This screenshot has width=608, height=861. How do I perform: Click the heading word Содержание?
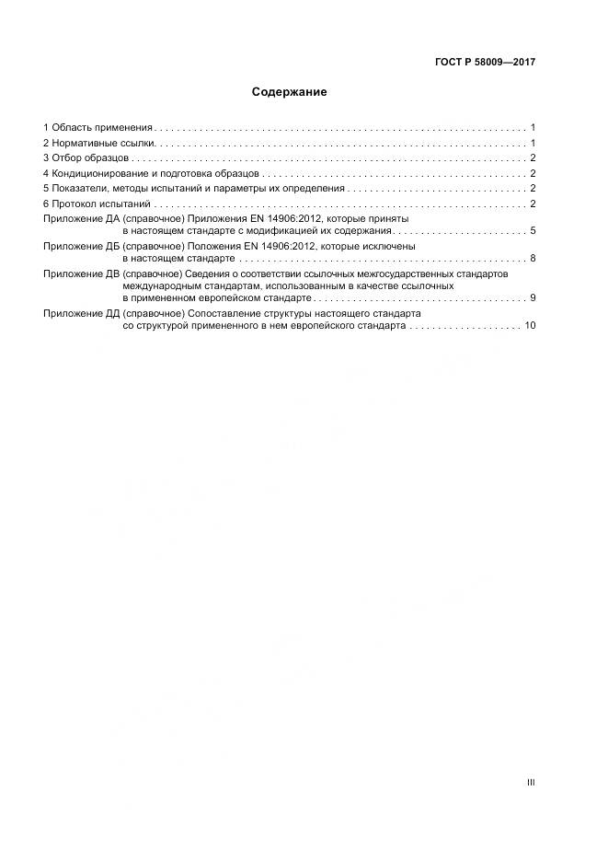click(290, 93)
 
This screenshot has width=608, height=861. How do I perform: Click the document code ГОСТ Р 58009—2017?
click(485, 63)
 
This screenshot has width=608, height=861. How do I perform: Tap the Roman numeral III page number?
click(531, 783)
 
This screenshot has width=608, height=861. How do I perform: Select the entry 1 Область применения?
click(98, 127)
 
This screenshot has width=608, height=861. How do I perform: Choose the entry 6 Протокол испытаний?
click(97, 204)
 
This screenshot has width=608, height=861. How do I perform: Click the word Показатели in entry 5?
click(77, 189)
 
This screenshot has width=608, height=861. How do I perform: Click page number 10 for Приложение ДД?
click(529, 326)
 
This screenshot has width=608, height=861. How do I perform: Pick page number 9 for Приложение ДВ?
click(533, 298)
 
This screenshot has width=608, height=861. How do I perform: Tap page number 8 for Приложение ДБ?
click(533, 259)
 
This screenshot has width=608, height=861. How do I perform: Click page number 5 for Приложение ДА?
click(533, 231)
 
